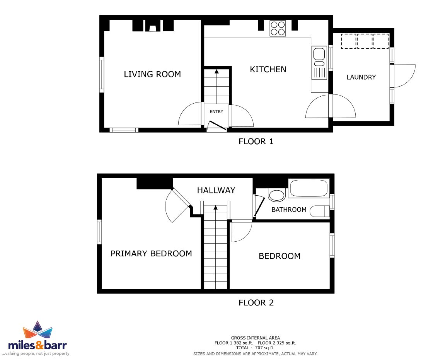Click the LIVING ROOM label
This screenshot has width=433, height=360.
click(x=152, y=74)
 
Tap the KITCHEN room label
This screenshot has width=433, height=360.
click(x=268, y=69)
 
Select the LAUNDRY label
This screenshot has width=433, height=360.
click(x=361, y=77)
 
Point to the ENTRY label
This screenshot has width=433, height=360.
click(x=216, y=112)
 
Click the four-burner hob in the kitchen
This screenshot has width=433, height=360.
click(x=278, y=29)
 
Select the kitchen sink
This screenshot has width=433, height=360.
click(x=319, y=63)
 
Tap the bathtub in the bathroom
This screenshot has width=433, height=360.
click(x=309, y=188)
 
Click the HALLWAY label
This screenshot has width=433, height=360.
click(x=216, y=190)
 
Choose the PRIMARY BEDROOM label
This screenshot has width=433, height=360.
click(x=151, y=254)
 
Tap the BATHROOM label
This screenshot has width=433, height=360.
click(x=289, y=210)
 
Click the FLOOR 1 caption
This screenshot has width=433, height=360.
click(x=256, y=142)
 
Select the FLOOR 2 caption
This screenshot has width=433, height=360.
click(x=256, y=303)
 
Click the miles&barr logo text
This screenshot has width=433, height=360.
click(x=38, y=345)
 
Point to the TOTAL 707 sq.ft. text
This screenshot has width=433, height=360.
click(x=255, y=348)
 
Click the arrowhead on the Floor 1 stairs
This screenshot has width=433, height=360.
click(x=217, y=72)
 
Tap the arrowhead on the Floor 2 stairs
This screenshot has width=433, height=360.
click(x=215, y=208)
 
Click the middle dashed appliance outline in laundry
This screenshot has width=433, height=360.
click(x=365, y=41)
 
